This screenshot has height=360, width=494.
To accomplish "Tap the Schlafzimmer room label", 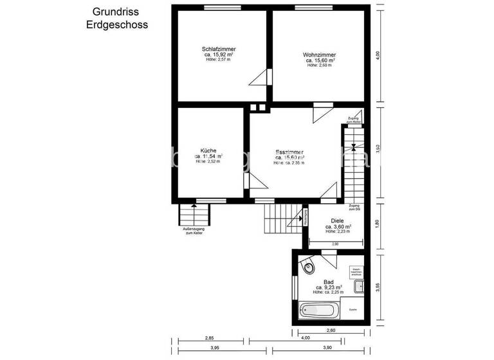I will pyautogui.click(x=218, y=49).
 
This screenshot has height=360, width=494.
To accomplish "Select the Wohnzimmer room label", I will pyautogui.click(x=319, y=55).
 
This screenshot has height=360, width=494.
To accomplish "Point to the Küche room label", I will pyautogui.click(x=208, y=150).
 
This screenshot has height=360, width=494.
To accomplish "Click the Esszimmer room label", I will pyautogui.click(x=289, y=152).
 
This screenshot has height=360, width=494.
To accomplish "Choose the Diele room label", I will pyautogui.click(x=338, y=221).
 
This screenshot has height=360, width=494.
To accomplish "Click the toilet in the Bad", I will pyautogui.click(x=309, y=265).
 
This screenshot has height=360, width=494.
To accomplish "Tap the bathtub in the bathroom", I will pyautogui.click(x=318, y=310).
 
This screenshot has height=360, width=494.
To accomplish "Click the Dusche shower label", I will pyautogui.click(x=352, y=309).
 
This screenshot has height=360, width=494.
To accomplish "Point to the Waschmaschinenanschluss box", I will pyautogui.click(x=355, y=271).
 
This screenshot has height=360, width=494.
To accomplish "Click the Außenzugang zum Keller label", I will pyautogui.click(x=193, y=231).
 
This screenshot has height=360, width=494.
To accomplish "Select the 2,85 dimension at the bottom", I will pyautogui.click(x=209, y=337).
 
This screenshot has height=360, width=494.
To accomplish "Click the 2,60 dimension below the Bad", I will pyautogui.click(x=331, y=330).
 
